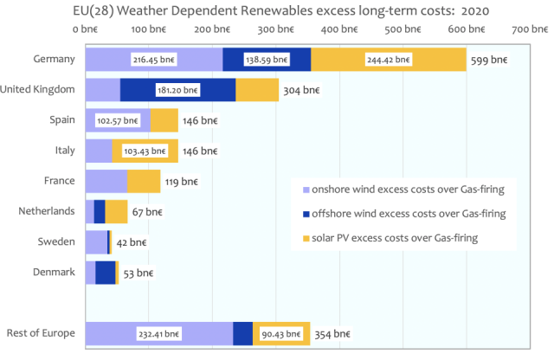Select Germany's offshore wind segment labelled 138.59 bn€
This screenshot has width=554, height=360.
pyautogui.click(x=267, y=61)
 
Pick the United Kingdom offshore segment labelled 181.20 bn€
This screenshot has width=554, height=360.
pyautogui.click(x=177, y=90)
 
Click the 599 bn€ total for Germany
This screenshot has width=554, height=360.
pyautogui.click(x=489, y=61)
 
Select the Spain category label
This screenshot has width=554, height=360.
pyautogui.click(x=62, y=119)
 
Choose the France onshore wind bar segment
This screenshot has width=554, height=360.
pyautogui.click(x=106, y=181)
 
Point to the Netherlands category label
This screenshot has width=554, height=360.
pyautogui.click(x=48, y=210)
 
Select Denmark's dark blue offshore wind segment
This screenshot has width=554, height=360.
pyautogui.click(x=106, y=273)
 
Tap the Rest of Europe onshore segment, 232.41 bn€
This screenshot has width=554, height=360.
pyautogui.click(x=158, y=333)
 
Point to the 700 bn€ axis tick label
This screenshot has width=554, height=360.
pyautogui.click(x=530, y=29)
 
